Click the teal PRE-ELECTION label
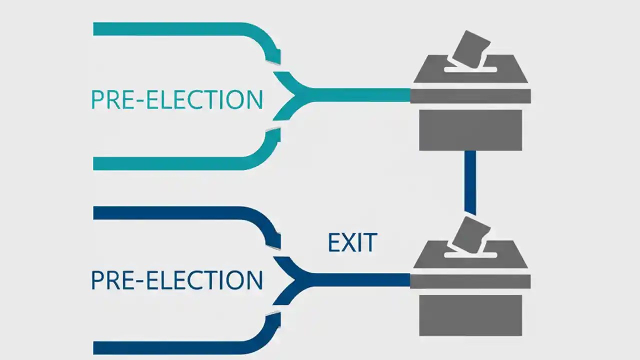176,99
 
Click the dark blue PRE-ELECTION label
176,280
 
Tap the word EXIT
352,242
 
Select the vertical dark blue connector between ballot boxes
470,182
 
